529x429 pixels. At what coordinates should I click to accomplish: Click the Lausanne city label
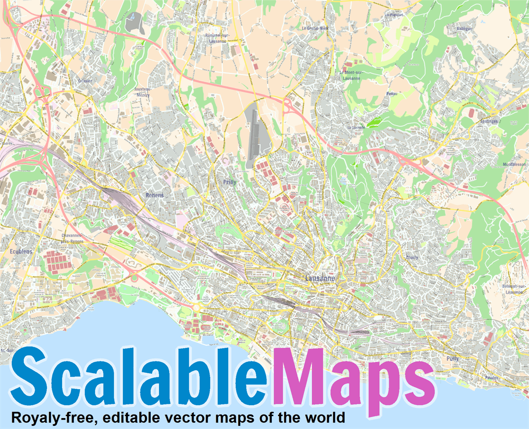click(x=320, y=278)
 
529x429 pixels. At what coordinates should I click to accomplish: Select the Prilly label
click(x=229, y=182)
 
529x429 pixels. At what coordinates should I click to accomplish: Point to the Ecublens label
click(x=21, y=251)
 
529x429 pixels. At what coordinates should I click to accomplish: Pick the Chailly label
click(x=412, y=257)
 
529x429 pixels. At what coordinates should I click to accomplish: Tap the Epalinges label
click(x=489, y=121)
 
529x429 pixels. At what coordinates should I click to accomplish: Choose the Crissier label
click(x=85, y=81)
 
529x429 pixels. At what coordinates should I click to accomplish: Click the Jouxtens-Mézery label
click(x=142, y=92)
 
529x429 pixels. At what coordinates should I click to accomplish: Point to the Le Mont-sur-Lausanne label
click(x=352, y=74)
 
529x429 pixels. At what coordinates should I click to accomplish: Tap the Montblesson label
click(x=514, y=165)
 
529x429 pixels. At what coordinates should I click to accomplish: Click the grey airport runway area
click(x=254, y=132)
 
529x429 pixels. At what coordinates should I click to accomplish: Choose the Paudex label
click(x=491, y=377)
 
